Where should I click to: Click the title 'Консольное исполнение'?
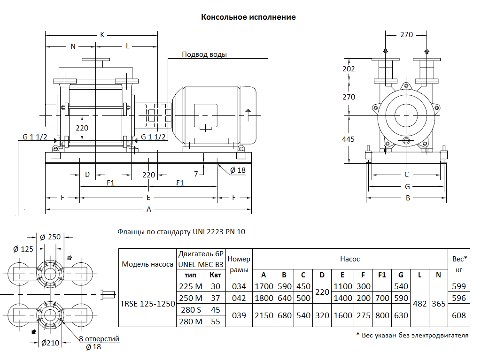[248, 17]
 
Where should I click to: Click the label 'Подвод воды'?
[204, 54]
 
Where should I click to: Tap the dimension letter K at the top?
[102, 35]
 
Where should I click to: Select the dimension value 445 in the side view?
[349, 139]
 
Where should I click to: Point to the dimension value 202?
[349, 69]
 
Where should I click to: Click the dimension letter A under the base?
[149, 209]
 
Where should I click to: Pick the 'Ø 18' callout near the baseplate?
[238, 170]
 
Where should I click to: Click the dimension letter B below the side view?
[408, 198]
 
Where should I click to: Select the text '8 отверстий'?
[99, 339]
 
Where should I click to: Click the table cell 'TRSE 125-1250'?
[148, 304]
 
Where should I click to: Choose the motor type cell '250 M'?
[192, 298]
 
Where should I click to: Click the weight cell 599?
[459, 286]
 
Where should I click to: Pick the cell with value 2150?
[264, 315]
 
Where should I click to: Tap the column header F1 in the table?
[382, 275]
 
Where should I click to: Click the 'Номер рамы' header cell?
[239, 264]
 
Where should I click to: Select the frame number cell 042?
[239, 298]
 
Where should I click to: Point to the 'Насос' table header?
[350, 259]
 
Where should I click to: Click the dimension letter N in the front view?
[73, 46]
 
